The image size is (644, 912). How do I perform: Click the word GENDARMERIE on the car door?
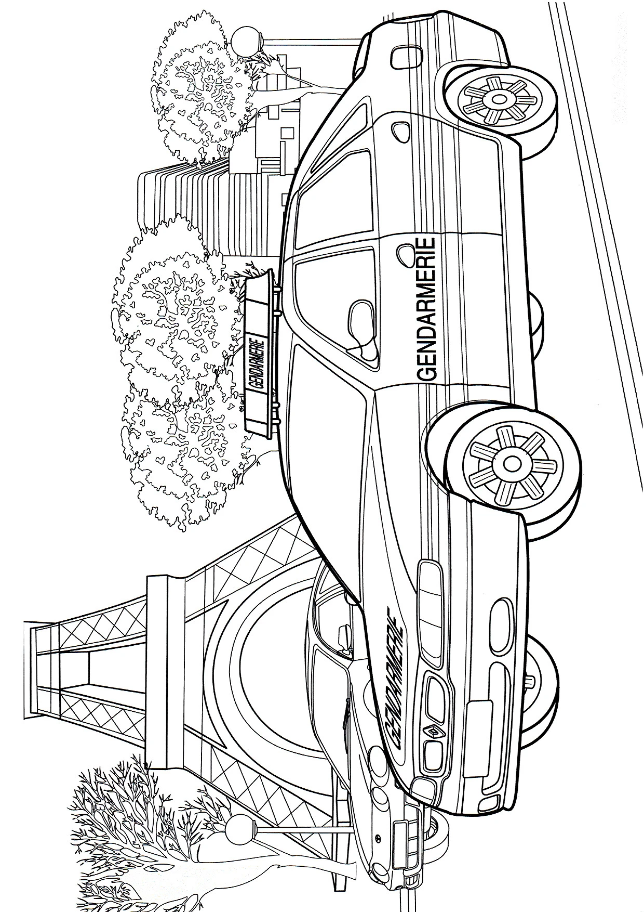point(425,309)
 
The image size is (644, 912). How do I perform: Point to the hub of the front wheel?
point(512,462)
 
